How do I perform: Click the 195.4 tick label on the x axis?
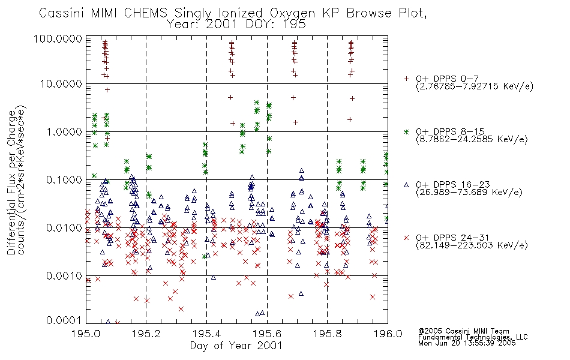click(207, 334)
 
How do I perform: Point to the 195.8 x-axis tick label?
click(327, 334)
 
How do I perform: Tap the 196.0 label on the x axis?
click(388, 334)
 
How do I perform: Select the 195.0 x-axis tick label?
click(86, 334)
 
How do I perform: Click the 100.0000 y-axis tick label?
click(58, 38)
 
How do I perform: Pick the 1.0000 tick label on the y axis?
click(64, 131)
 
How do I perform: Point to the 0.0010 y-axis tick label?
click(64, 275)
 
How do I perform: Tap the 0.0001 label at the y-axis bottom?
click(64, 320)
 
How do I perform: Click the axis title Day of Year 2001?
click(236, 346)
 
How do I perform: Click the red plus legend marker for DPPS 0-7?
click(406, 79)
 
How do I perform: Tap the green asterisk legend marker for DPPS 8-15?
click(406, 131)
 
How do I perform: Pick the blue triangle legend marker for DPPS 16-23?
click(406, 185)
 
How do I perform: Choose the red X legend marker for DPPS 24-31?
click(406, 238)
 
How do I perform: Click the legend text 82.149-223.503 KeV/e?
click(472, 245)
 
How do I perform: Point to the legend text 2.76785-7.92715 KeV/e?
click(475, 86)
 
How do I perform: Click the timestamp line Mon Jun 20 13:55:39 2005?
click(467, 343)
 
